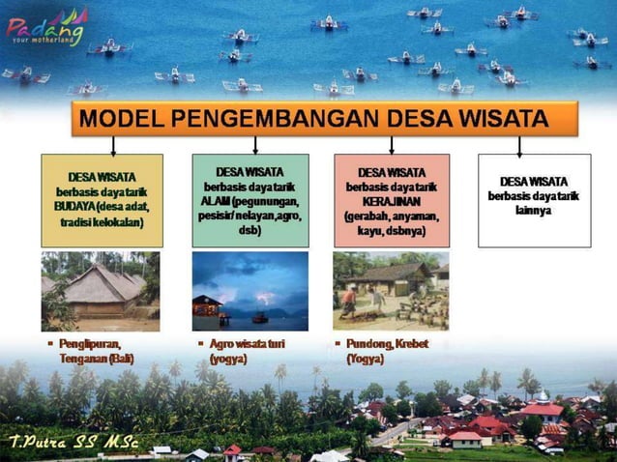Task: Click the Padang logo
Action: (x=45, y=26)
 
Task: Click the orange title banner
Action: (x=324, y=119)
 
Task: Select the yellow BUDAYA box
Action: (x=101, y=200)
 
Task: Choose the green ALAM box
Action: (x=250, y=200)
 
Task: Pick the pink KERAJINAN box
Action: (x=392, y=200)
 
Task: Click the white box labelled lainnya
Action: (x=534, y=200)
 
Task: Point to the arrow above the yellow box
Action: (x=113, y=145)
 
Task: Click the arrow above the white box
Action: (x=519, y=145)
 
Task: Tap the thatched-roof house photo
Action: (x=101, y=291)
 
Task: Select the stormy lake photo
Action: (x=250, y=291)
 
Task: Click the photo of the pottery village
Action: (x=391, y=291)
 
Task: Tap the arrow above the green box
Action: (x=254, y=145)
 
